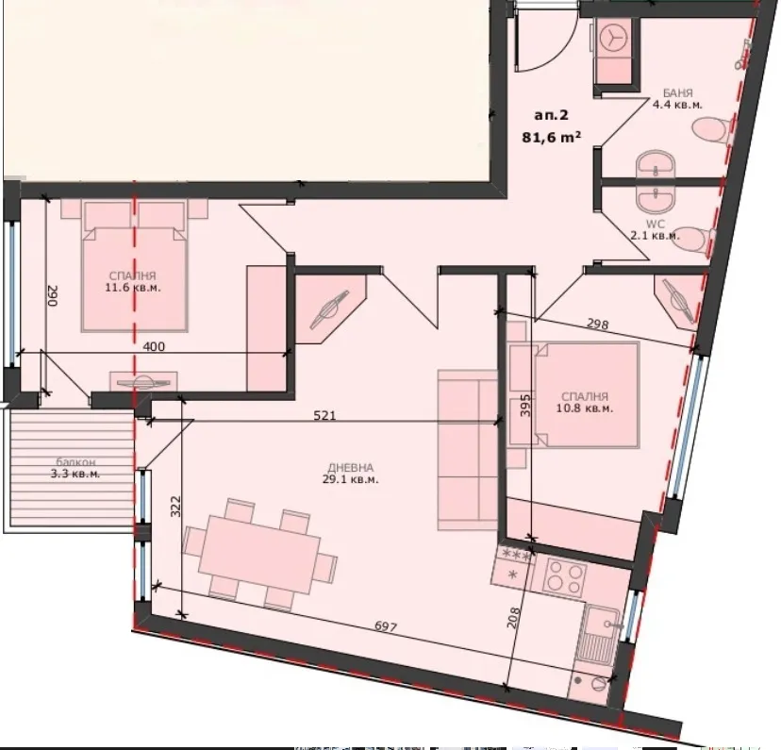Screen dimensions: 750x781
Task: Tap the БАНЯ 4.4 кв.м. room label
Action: [x=678, y=99]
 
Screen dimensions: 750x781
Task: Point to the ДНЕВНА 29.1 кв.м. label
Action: [x=352, y=473]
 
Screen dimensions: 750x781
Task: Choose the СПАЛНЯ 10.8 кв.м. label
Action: [x=585, y=404]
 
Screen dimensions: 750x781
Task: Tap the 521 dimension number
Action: [x=324, y=414]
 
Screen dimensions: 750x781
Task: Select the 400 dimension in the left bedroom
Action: [x=153, y=346]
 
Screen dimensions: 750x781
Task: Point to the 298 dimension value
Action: [x=597, y=324]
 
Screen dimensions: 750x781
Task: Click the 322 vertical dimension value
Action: [x=175, y=510]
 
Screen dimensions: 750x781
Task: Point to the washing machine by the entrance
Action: [x=613, y=39]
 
